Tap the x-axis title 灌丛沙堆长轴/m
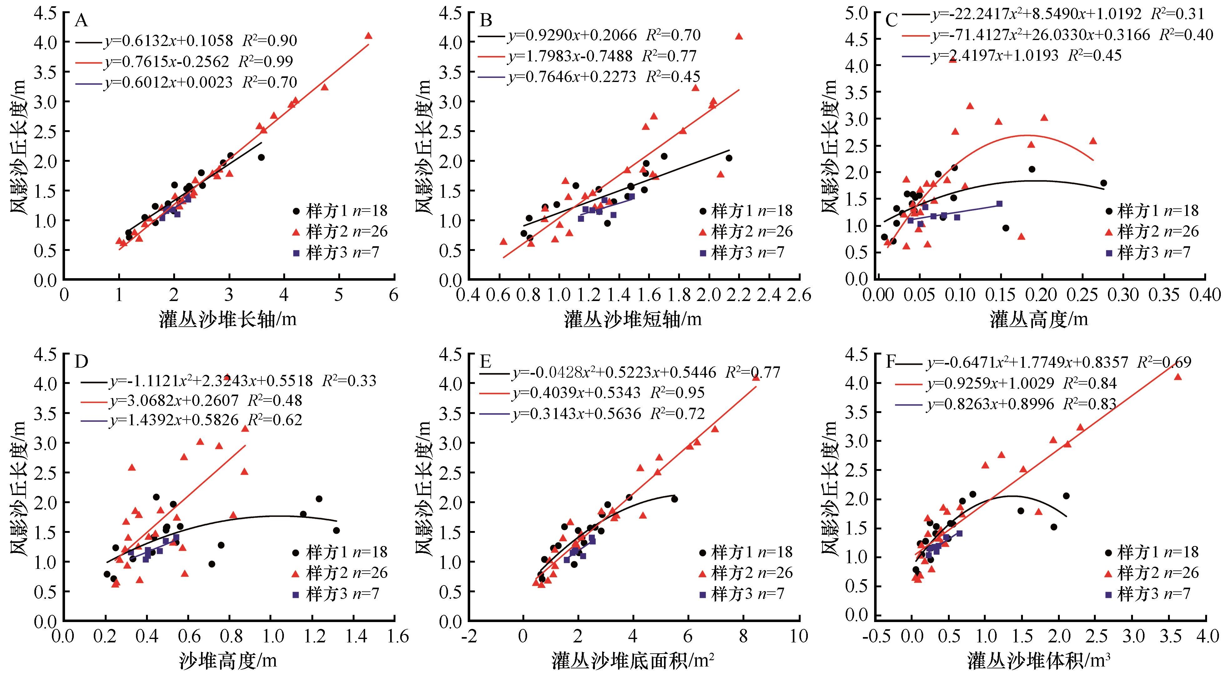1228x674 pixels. [228, 319]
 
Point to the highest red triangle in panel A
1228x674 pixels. [368, 36]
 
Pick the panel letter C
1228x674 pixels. [891, 21]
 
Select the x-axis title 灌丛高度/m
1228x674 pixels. [1039, 319]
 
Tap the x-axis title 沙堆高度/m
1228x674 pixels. [228, 660]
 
